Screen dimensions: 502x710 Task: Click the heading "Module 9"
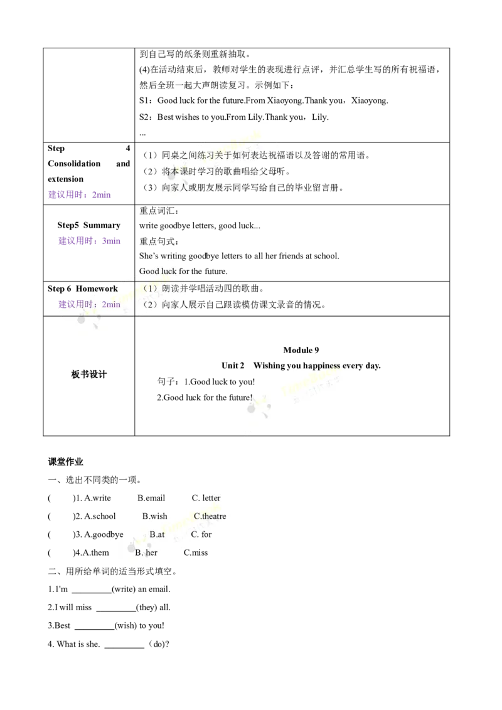(301, 350)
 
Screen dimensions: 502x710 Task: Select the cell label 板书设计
(89, 374)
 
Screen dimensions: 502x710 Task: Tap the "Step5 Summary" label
(89, 226)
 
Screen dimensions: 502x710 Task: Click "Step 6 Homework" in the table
(82, 289)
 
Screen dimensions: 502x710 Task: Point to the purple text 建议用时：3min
(89, 241)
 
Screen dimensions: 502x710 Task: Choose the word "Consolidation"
(74, 164)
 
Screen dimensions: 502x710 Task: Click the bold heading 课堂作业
(66, 462)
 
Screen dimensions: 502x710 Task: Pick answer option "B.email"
(151, 498)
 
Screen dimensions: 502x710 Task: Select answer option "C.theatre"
(210, 516)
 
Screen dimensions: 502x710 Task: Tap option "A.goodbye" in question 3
(104, 535)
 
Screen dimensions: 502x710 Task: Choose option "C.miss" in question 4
(196, 553)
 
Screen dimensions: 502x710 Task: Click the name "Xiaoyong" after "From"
(284, 100)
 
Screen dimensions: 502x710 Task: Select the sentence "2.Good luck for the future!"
(205, 398)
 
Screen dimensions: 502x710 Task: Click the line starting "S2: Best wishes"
(234, 117)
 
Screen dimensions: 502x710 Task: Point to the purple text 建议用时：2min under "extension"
(79, 194)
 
